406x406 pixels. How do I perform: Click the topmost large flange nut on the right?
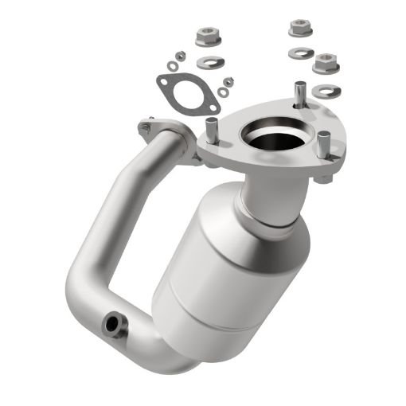coord(301,27)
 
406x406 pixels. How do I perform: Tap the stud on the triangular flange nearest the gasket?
coord(212,127)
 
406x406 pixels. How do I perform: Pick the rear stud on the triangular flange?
coord(299,95)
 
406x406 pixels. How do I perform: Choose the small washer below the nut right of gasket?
coord(223,93)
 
